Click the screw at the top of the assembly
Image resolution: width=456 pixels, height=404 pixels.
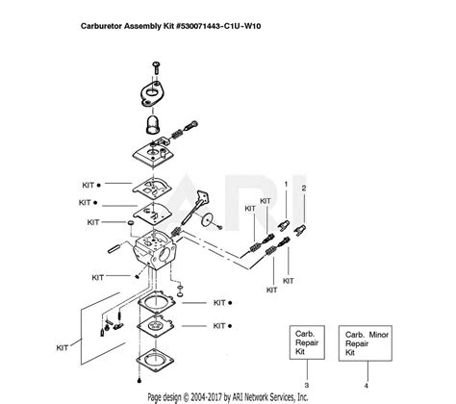click(156, 67)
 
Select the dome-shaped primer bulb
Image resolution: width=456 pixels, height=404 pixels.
click(153, 125)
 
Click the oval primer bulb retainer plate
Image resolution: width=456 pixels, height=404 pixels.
click(151, 92)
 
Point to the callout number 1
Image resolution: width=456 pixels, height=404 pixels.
click(286, 184)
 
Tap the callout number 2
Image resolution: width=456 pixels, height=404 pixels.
click(304, 189)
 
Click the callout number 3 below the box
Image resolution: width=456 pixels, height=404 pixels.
click(307, 385)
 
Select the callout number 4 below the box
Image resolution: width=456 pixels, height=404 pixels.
click(367, 386)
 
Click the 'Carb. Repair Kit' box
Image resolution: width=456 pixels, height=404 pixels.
click(307, 342)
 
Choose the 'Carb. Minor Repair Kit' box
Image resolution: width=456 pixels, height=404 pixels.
click(366, 343)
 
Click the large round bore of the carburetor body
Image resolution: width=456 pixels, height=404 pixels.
click(166, 255)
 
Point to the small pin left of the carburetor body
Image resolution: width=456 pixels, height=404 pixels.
click(114, 248)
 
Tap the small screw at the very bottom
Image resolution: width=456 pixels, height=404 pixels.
click(139, 381)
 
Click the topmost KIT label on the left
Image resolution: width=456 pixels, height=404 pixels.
click(89, 185)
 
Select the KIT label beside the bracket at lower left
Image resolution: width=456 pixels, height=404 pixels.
click(63, 348)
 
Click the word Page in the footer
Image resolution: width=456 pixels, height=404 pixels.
click(154, 397)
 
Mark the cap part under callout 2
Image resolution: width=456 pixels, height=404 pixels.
click(300, 230)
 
